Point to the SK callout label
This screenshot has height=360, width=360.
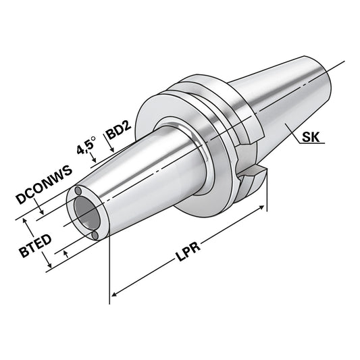click(311, 138)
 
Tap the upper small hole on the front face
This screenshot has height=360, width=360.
click(79, 192)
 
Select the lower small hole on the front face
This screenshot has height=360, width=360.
click(95, 234)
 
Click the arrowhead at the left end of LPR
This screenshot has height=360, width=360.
click(114, 293)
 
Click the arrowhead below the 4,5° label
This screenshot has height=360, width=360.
click(94, 160)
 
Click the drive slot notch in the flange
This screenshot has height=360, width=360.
click(251, 177)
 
